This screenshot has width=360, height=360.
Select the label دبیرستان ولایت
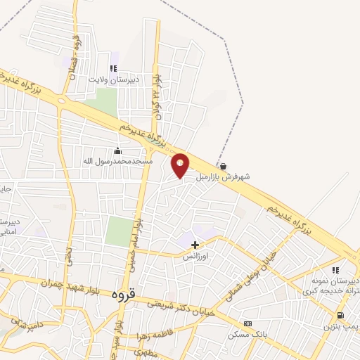pyautogui.click(x=113, y=79)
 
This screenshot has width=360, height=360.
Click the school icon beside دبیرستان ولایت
pyautogui.click(x=113, y=69)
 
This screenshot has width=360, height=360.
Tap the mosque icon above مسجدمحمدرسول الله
pyautogui.click(x=117, y=151)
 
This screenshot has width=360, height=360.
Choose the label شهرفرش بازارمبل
pyautogui.click(x=223, y=177)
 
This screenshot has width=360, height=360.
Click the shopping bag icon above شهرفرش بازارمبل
pyautogui.click(x=223, y=167)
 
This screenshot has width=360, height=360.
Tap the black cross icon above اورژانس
pyautogui.click(x=195, y=245)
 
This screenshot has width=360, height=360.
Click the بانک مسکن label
pyautogui.click(x=246, y=334)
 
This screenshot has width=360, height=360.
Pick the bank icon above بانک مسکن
pyautogui.click(x=247, y=323)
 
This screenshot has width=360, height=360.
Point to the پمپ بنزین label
pyautogui.click(x=341, y=327)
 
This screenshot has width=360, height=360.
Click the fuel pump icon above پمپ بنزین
pyautogui.click(x=340, y=316)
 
